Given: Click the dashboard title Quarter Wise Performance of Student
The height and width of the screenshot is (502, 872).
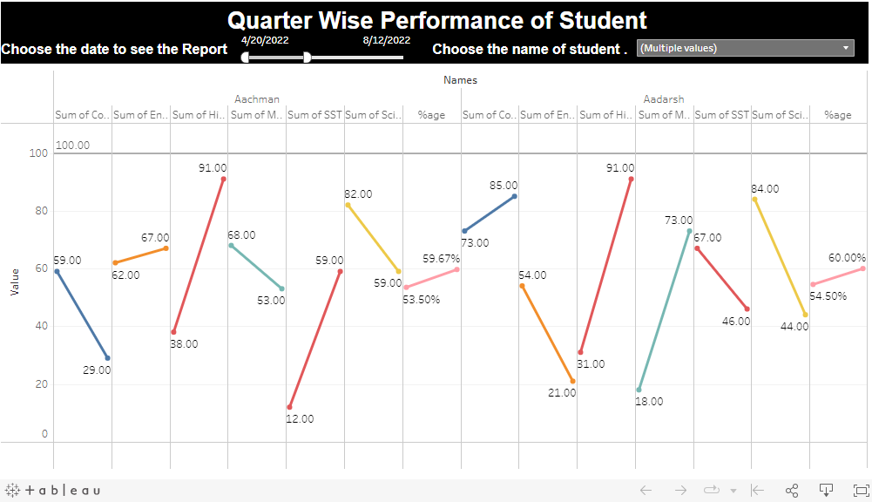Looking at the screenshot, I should pos(437,21).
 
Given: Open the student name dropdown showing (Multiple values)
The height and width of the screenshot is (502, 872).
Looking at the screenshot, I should pos(746,48).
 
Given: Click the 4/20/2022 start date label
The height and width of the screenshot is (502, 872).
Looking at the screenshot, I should pos(265,39).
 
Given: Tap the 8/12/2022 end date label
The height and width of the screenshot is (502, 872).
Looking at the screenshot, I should pos(387,39).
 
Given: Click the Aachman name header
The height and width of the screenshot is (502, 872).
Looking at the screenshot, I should pos(257,99).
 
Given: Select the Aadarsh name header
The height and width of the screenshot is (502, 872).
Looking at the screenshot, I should pos(664,99).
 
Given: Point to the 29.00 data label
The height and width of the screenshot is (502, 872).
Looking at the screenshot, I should pos(97,370).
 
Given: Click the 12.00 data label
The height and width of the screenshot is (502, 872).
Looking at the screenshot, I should pos(300,418).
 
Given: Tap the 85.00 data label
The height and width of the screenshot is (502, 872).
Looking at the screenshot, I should pos(504,185).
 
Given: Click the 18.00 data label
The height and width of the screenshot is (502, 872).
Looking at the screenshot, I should pos(649,402).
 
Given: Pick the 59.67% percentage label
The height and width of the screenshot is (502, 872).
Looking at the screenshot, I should pos(441,258).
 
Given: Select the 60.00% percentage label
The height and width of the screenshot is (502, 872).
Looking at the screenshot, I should pos(847,257).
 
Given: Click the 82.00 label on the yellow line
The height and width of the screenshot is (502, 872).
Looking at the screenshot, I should pos(358,193).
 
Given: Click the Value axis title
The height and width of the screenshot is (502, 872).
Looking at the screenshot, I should pos(15,282).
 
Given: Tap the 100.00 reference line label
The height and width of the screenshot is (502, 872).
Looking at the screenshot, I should pos(72,146).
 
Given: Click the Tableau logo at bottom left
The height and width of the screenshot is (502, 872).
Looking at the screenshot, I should pos(53,491).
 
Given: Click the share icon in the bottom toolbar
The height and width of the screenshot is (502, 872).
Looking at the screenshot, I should pos(792,491).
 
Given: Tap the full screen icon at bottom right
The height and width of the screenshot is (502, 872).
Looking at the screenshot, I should pos(861,491).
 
